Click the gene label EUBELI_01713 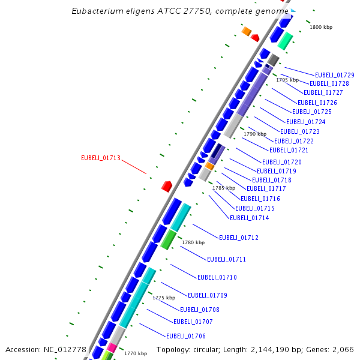click(101, 158)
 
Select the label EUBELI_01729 click(335, 75)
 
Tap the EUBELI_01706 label click(186, 336)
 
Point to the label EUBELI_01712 click(239, 238)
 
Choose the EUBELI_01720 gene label click(282, 162)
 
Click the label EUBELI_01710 click(217, 277)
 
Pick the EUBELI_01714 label click(250, 218)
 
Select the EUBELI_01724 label click(306, 122)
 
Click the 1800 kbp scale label click(321, 28)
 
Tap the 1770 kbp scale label click(136, 354)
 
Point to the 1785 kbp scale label click(224, 188)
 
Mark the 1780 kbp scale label click(193, 242)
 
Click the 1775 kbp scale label click(164, 298)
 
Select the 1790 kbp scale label click(254, 134)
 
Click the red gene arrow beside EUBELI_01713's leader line click(167, 186)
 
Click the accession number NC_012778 click(65, 349)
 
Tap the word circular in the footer click(215, 349)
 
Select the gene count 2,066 click(341, 349)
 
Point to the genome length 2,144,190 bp click(277, 349)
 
